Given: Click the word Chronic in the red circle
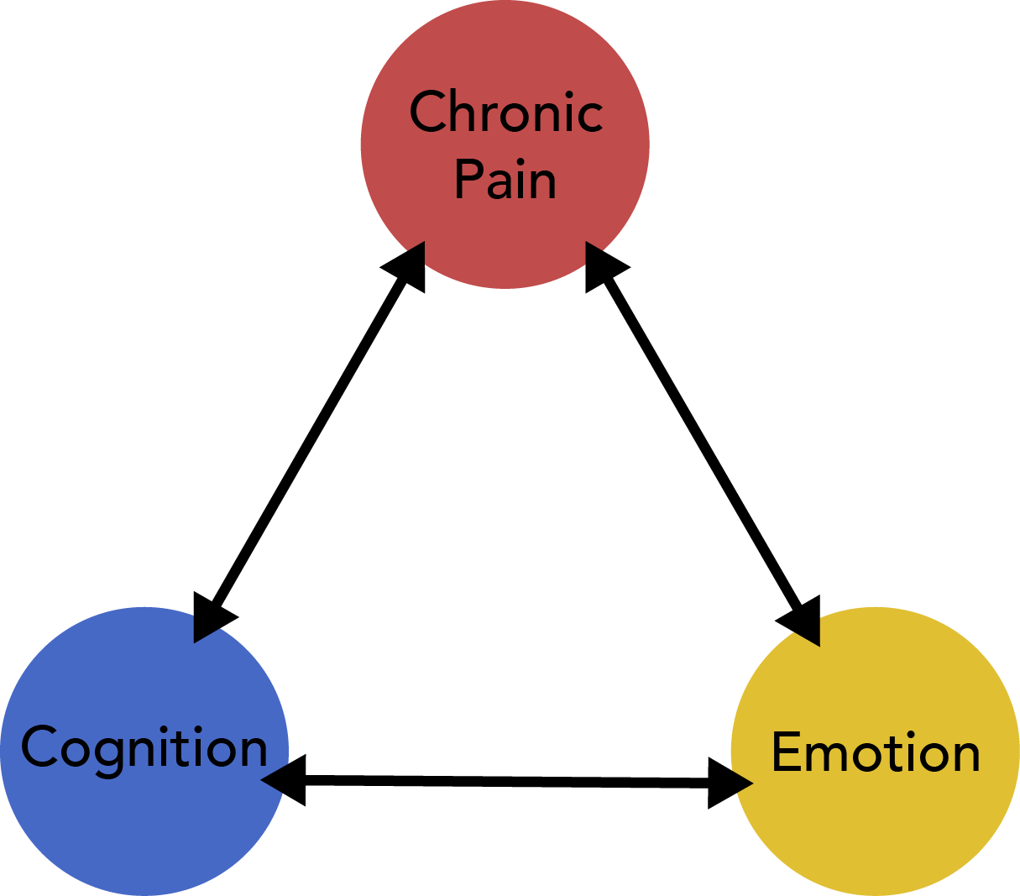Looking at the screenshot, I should click(x=506, y=113).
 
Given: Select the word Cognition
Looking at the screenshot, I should click(x=144, y=747).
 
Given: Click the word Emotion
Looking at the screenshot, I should click(x=876, y=752).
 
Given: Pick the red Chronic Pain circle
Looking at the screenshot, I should click(x=505, y=227).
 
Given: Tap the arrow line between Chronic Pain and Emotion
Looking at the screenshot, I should click(x=701, y=445).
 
